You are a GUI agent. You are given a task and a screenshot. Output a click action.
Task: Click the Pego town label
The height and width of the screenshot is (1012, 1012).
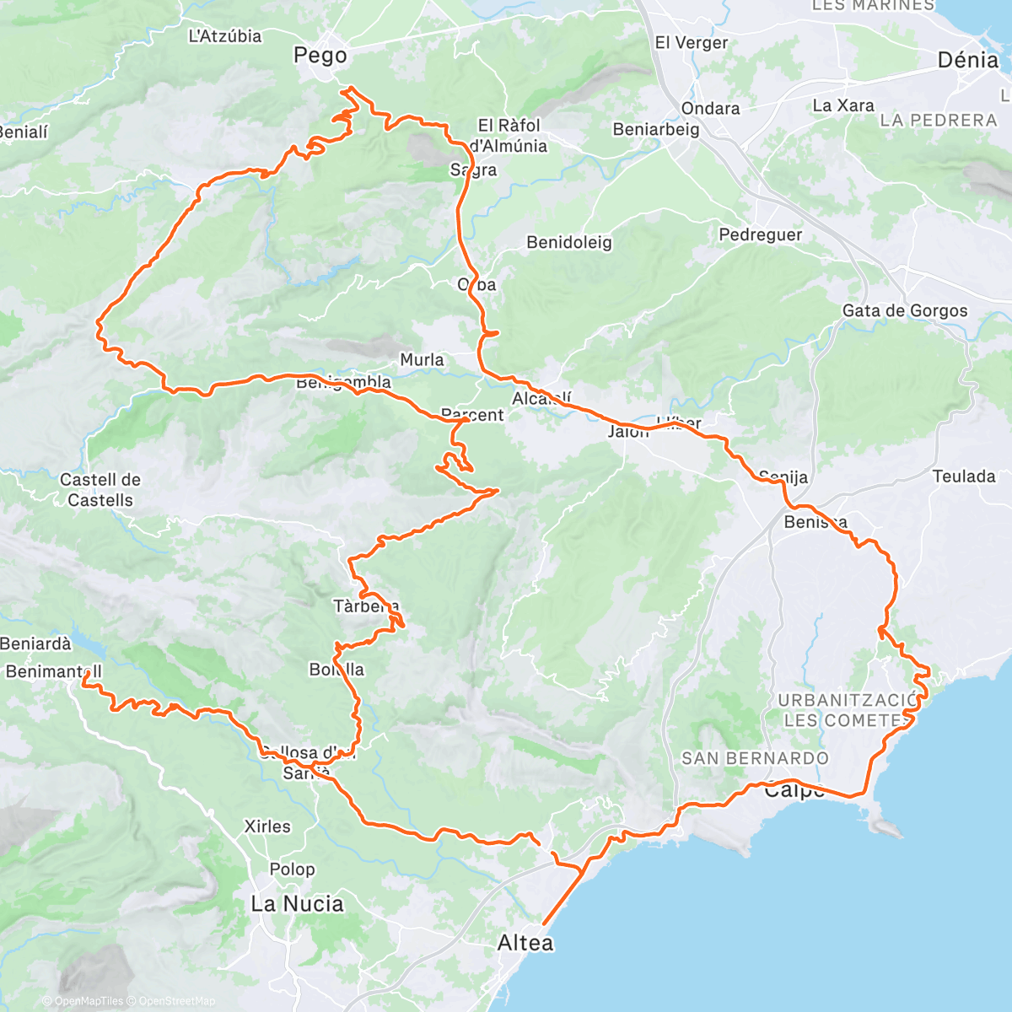[x=320, y=56]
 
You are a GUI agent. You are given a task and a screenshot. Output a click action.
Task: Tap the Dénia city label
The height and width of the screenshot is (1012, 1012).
[x=967, y=60]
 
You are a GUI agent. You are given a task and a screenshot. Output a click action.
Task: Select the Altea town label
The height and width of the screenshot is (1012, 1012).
[x=525, y=943]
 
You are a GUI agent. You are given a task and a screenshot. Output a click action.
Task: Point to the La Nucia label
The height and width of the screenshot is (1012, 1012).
[x=297, y=904]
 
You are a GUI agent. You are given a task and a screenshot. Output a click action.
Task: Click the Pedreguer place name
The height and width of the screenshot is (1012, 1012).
[x=760, y=234]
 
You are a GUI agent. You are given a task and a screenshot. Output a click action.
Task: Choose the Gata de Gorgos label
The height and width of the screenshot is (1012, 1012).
[x=905, y=310]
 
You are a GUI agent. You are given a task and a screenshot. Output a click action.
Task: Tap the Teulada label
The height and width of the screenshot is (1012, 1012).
[x=964, y=476]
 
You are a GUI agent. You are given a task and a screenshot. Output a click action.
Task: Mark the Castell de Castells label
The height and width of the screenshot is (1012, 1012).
[x=100, y=490]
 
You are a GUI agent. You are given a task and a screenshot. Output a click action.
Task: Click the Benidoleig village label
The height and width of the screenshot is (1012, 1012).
[x=569, y=243]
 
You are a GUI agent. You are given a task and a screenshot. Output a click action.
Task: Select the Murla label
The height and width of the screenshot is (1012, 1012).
[x=422, y=360]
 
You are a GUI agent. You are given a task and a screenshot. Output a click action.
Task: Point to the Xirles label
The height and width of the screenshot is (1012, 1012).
[x=267, y=826]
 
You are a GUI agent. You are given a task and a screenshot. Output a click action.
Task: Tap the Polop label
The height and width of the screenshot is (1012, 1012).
[x=292, y=869]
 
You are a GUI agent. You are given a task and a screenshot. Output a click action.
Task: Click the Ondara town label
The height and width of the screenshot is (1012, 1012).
[x=710, y=108]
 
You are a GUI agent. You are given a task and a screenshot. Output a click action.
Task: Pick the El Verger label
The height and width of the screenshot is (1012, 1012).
[x=691, y=42]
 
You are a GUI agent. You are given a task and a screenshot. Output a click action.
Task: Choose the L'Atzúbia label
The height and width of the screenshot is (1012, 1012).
[x=225, y=36]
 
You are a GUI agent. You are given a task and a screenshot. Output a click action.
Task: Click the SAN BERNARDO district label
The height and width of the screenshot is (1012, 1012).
[x=755, y=758]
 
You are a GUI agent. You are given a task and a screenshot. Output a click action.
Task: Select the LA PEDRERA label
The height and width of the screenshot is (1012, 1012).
[x=938, y=120]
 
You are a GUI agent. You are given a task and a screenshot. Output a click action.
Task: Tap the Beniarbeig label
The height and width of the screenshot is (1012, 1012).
[x=656, y=129]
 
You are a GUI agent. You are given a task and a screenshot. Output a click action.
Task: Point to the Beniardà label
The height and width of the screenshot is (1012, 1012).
[x=35, y=643]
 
